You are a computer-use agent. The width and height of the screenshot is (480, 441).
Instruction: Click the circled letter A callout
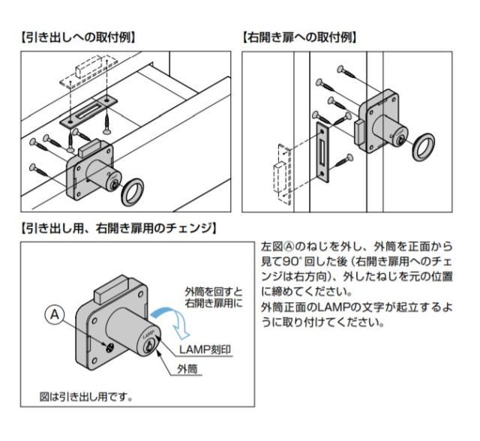[x=55, y=314]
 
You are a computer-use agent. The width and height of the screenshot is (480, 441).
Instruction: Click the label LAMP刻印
[x=205, y=349]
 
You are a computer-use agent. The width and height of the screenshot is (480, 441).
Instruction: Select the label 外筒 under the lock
[x=187, y=370]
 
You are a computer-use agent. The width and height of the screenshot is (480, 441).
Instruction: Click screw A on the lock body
[x=109, y=347]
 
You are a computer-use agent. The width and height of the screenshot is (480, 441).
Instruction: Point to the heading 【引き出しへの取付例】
[x=78, y=38]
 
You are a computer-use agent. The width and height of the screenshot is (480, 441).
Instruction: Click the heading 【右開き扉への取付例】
[x=300, y=38]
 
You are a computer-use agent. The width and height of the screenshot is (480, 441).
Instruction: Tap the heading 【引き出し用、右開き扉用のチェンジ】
[x=119, y=228]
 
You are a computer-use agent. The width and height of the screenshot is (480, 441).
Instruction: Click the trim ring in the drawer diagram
[x=133, y=192]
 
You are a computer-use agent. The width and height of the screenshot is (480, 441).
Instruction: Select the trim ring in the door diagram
[x=423, y=147]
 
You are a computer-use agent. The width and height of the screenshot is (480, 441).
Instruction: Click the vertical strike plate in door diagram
[x=322, y=152]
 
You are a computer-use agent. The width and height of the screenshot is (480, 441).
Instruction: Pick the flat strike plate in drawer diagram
[x=88, y=111]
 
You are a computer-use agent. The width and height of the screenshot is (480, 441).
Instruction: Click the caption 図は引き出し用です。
[x=86, y=397]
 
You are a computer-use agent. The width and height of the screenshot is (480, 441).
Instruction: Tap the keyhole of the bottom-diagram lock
[x=149, y=346]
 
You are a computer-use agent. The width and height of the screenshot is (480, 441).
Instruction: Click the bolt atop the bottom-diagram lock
[x=111, y=289]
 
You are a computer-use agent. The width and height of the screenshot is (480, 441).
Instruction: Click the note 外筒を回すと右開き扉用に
[x=214, y=297]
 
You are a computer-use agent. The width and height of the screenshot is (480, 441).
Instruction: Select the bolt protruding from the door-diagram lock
[x=358, y=133]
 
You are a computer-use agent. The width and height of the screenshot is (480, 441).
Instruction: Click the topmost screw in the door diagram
[x=346, y=71]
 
